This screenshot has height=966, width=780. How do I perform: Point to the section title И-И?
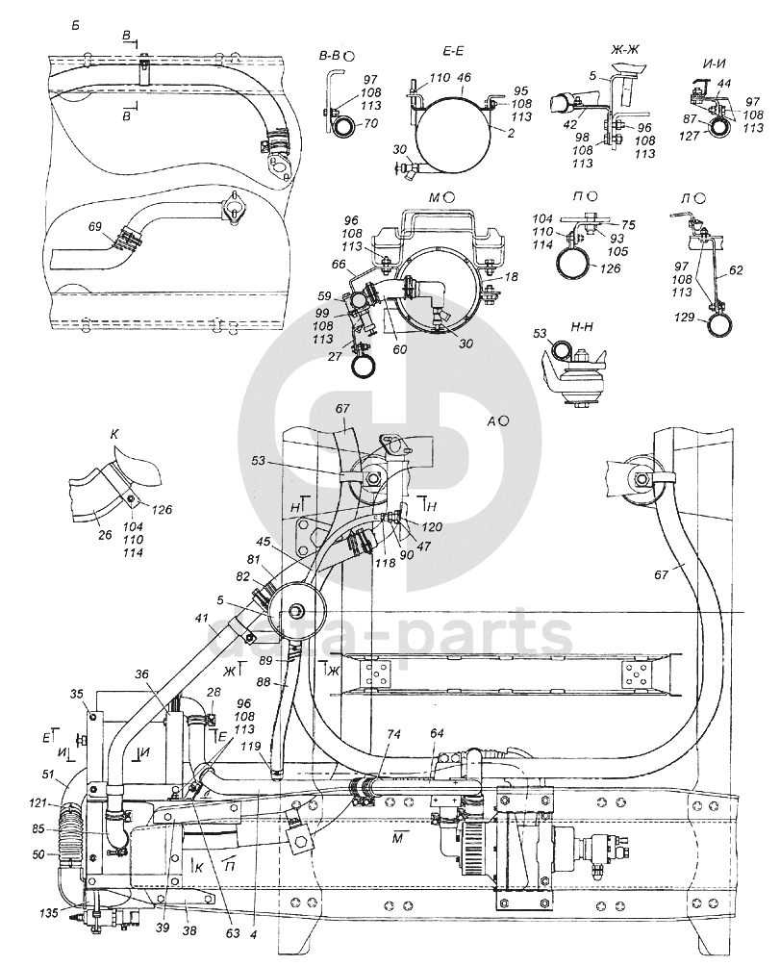713,64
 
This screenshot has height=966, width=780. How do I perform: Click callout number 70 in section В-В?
370,125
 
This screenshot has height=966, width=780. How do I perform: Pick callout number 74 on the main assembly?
393,733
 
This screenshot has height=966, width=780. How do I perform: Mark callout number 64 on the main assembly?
437,734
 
